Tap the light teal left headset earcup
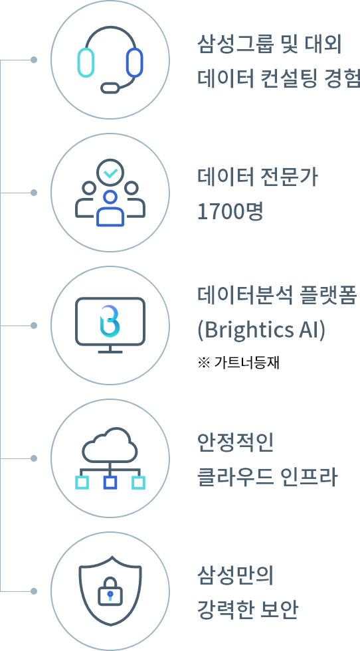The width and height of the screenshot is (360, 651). (x=86, y=62)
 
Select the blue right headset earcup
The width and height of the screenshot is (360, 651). (x=135, y=62)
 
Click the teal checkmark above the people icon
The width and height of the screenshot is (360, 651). (x=110, y=173)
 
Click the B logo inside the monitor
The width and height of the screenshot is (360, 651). (x=110, y=321)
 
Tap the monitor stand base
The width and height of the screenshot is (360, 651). (x=110, y=351)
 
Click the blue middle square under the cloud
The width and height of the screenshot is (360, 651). (x=110, y=483)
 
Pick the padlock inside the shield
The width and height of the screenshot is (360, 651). (x=110, y=591)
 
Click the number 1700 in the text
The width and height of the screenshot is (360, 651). (x=218, y=212)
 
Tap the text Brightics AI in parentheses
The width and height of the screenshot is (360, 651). (x=262, y=331)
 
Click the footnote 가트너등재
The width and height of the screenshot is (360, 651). (x=247, y=363)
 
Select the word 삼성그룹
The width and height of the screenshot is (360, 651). (x=235, y=45)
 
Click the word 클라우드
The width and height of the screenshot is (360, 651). (x=235, y=477)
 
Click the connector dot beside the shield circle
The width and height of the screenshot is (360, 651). (x=34, y=591)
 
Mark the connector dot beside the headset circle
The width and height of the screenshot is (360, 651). (x=34, y=60)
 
